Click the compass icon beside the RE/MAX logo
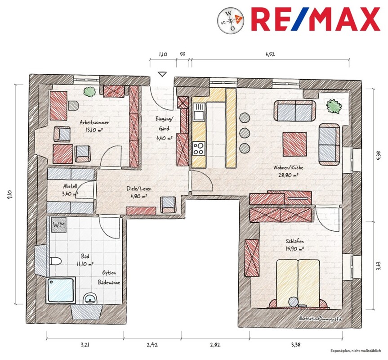tap(230, 20)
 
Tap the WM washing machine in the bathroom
tap(59, 225)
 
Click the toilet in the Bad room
tap(56, 261)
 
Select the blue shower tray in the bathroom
tap(61, 290)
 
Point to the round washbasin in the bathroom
tap(90, 299)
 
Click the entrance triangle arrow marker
tap(162, 74)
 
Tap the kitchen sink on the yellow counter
tap(199, 112)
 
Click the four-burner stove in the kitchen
tap(199, 148)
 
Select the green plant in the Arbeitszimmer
tap(89, 92)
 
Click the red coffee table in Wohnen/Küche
tap(294, 144)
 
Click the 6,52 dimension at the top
tap(270, 54)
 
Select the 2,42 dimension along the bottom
tap(152, 345)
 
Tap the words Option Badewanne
tap(109, 278)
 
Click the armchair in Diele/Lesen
tap(168, 205)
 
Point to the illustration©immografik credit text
tap(320, 319)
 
